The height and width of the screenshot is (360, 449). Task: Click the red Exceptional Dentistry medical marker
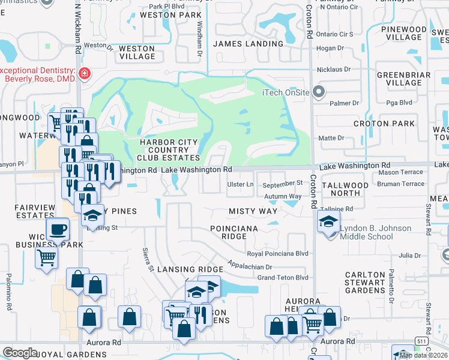coord(85,73)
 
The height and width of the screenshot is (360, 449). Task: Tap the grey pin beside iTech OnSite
coord(318,92)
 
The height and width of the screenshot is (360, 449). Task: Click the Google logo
coord(20,353)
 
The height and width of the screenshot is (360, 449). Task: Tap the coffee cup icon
coord(58,229)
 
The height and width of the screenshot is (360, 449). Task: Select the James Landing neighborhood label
coord(248,44)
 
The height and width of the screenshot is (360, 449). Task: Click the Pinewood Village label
coord(403,33)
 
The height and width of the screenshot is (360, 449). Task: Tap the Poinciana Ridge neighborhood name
coord(234,232)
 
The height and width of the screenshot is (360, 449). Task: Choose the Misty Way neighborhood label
coord(253,211)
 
